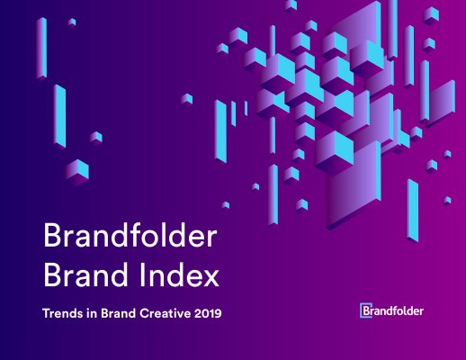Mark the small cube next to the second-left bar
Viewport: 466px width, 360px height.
[95, 137]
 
